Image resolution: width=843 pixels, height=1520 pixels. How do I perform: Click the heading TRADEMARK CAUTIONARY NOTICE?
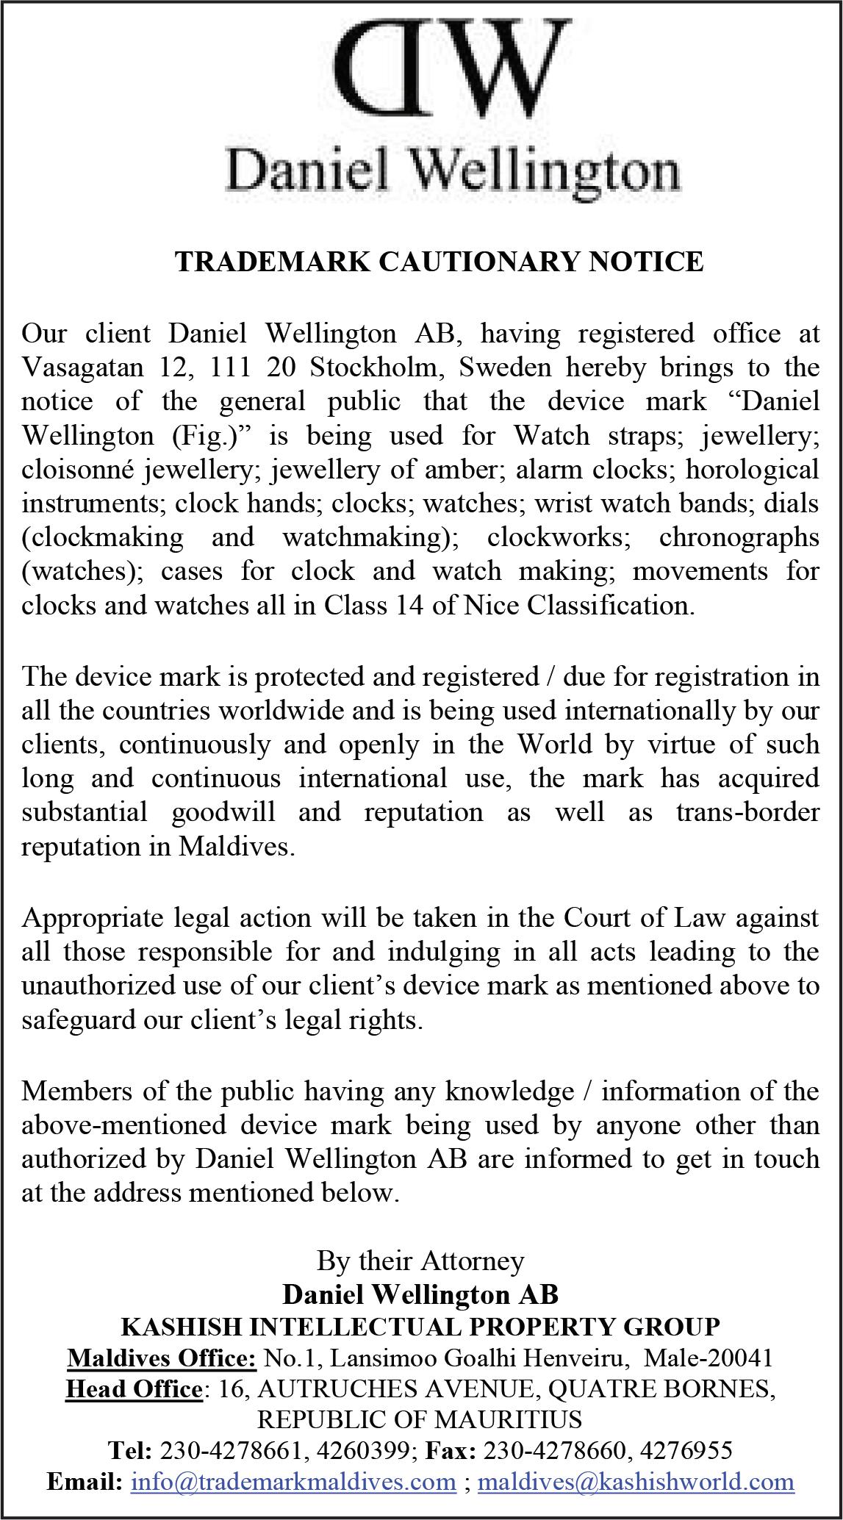(439, 262)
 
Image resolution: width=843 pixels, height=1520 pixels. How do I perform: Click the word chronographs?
(739, 537)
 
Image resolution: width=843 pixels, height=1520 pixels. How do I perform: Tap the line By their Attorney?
(420, 1261)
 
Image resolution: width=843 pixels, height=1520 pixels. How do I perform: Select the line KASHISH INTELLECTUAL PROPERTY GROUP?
(420, 1327)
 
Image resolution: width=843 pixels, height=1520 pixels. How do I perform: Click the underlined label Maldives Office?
(162, 1358)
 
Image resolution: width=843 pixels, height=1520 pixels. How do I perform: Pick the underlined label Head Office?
(133, 1388)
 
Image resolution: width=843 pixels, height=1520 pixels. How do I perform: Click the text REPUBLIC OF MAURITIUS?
(420, 1419)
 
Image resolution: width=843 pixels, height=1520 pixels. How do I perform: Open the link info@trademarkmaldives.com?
(293, 1481)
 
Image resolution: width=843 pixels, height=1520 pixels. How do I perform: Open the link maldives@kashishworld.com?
(636, 1481)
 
